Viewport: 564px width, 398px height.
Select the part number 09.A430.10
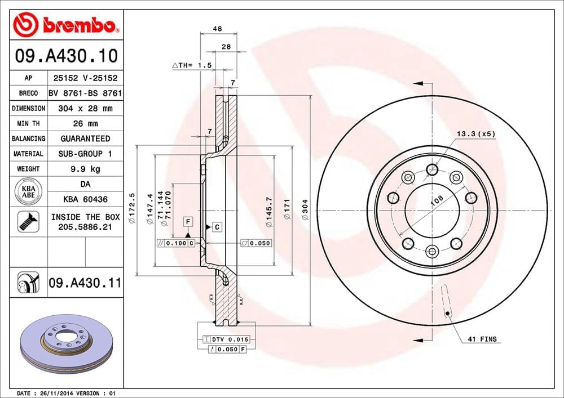[x=67, y=56]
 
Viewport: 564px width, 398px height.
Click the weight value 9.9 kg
[x=85, y=169]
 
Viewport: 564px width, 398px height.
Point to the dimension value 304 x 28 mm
[x=85, y=108]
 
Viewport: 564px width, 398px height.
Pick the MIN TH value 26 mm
[x=85, y=123]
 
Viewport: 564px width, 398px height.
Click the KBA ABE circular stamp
[x=28, y=191]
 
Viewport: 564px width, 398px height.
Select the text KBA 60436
[x=85, y=199]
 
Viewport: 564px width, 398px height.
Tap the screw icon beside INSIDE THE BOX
[x=27, y=221]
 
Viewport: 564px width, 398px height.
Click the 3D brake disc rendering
[x=67, y=345]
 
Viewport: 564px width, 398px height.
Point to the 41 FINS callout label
[x=482, y=339]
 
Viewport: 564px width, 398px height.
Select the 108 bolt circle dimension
[x=436, y=200]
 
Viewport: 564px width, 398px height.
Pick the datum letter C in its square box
[x=216, y=227]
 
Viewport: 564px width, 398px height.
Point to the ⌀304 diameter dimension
[x=304, y=212]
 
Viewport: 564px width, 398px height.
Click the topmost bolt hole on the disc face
[x=433, y=168]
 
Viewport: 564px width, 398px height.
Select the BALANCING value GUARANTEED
[x=85, y=138]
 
